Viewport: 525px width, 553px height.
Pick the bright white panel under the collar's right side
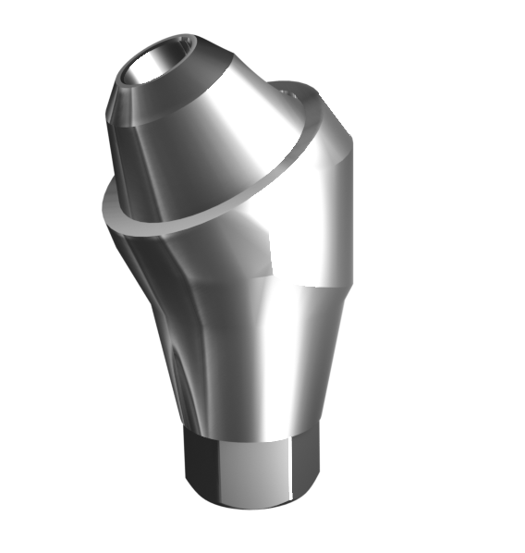click(305, 213)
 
